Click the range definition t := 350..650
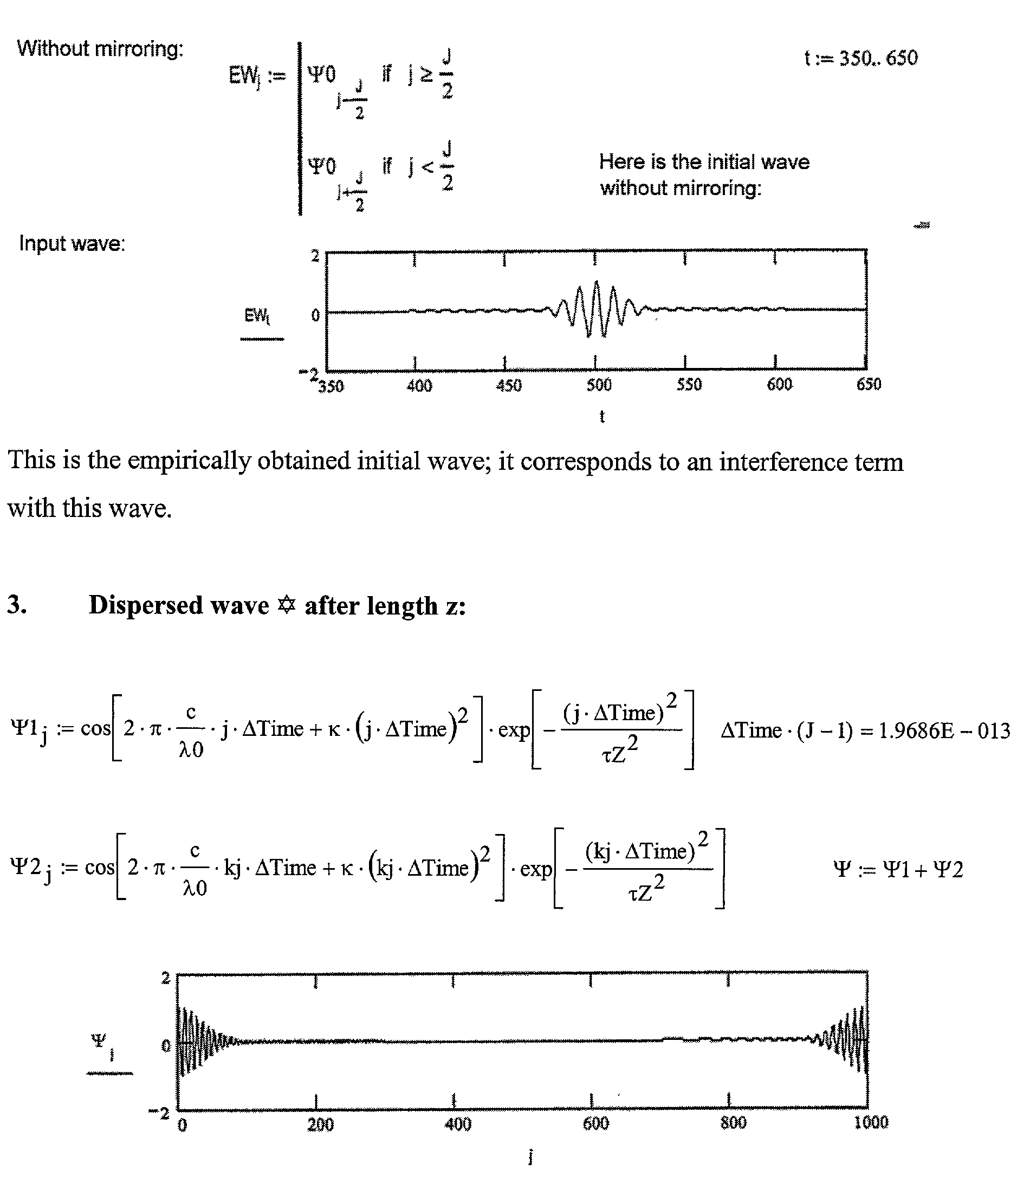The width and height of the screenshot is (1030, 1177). (860, 58)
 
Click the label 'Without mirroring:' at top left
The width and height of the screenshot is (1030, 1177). (100, 49)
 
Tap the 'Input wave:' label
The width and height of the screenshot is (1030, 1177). (72, 244)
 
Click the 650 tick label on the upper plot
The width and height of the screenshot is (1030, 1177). (869, 384)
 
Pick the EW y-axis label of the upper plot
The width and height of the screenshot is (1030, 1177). (257, 315)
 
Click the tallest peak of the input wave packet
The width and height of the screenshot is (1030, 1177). (597, 283)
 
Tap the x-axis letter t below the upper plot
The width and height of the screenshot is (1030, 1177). (602, 416)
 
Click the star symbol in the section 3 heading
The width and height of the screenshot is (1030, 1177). (286, 605)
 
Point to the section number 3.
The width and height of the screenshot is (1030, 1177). (16, 605)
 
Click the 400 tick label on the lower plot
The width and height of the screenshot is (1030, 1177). (457, 1123)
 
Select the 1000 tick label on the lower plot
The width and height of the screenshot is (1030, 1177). (871, 1122)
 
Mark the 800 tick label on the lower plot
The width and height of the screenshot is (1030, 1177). (733, 1122)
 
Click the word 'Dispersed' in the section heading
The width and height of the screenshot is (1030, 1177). (178, 605)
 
